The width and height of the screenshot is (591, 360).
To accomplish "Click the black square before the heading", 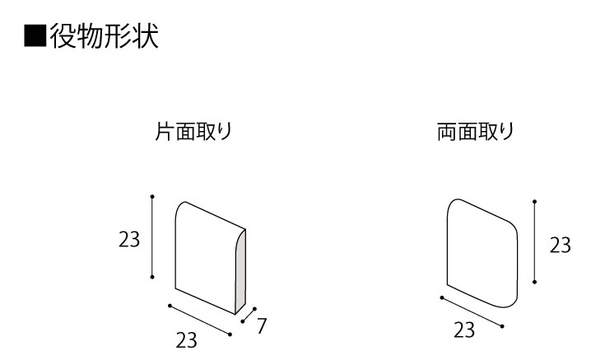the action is [35, 36].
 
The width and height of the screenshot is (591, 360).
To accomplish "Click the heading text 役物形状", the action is [104, 36].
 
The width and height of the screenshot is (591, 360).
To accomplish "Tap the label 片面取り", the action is [193, 132].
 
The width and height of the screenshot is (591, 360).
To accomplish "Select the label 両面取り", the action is [476, 132].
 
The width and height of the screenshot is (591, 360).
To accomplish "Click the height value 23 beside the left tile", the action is [129, 240].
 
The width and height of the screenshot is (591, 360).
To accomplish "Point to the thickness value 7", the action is [262, 326].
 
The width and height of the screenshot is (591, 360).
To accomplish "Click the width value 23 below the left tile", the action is [187, 340].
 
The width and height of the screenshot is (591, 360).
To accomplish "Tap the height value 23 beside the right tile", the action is [560, 245].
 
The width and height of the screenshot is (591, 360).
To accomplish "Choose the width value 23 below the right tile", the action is [464, 330].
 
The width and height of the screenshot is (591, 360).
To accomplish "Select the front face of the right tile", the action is [482, 253].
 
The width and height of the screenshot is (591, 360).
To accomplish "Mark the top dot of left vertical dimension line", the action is [152, 197].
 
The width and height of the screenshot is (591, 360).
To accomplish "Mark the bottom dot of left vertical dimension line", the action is [152, 277].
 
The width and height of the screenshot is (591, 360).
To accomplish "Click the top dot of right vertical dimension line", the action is [534, 202].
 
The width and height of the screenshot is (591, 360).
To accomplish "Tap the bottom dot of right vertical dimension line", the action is [534, 282].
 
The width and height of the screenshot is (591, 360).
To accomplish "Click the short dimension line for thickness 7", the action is [249, 316].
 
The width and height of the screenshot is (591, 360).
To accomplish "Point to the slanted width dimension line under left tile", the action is [200, 320].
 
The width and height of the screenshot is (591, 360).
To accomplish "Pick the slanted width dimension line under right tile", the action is [472, 312].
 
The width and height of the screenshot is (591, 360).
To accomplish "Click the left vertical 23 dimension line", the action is [152, 237].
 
